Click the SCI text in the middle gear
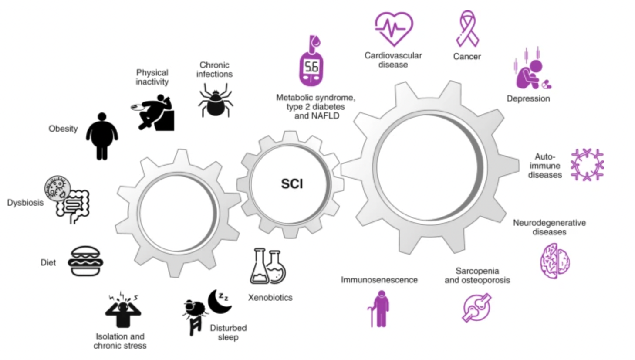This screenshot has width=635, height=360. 292,184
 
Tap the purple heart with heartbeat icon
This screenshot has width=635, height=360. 394,28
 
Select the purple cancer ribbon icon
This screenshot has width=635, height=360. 467,29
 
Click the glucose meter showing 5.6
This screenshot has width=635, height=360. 311,63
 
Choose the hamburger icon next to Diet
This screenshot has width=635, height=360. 85,261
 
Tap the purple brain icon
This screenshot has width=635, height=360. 555,261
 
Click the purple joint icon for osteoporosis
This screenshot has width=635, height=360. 476,307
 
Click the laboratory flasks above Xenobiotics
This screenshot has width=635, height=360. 268,266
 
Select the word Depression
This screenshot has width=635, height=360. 528,98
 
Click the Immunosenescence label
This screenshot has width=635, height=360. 379,280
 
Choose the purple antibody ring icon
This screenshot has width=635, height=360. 587,165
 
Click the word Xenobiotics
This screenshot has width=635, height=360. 270,298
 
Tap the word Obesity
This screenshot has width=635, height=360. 63,129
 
